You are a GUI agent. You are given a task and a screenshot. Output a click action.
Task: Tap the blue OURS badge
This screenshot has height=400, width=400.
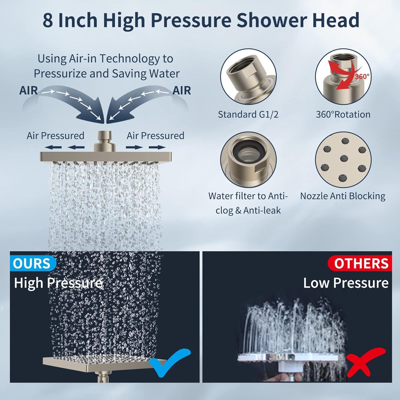pos(32,263)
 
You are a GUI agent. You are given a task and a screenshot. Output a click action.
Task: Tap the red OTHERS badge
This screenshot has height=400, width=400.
pos(360,263)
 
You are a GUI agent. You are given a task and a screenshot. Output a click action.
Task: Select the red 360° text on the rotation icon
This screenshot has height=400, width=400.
pos(362,77)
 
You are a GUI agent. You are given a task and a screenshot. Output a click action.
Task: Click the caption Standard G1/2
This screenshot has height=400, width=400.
pos(248,114)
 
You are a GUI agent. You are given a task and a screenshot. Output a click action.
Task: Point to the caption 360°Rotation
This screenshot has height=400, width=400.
pos(343,114)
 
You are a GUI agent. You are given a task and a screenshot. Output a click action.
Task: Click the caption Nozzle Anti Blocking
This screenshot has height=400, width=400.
pos(343,196)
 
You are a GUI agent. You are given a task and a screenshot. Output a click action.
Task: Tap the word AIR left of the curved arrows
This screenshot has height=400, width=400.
pos(29,91)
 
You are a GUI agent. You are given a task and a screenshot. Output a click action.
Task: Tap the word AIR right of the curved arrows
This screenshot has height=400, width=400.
pos(182,91)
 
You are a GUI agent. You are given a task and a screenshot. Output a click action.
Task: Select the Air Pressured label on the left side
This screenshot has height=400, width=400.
pos(55,136)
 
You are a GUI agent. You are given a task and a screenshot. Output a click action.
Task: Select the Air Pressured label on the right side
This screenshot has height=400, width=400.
pos(155,136)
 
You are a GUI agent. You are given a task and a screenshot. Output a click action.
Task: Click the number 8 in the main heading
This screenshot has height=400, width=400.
pos(48,20)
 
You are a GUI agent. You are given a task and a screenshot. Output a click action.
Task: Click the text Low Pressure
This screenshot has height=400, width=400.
pos(346,283)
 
